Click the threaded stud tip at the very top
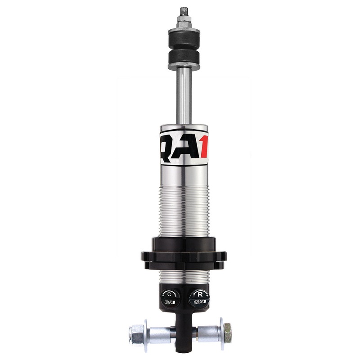click(x=184, y=10)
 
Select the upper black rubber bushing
click(x=184, y=33)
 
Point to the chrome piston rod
click(x=184, y=97)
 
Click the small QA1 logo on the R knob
click(x=198, y=302)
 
